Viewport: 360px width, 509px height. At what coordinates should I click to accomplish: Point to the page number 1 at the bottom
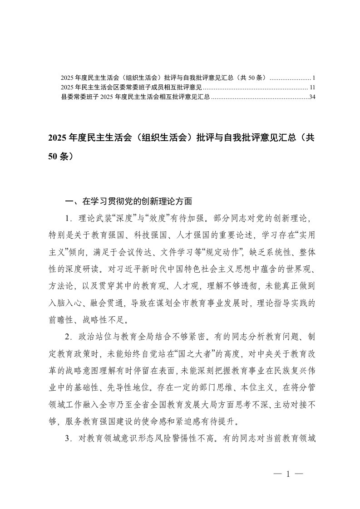pyautogui.click(x=288, y=475)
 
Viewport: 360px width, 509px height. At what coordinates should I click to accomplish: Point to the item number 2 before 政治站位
pyautogui.click(x=69, y=333)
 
